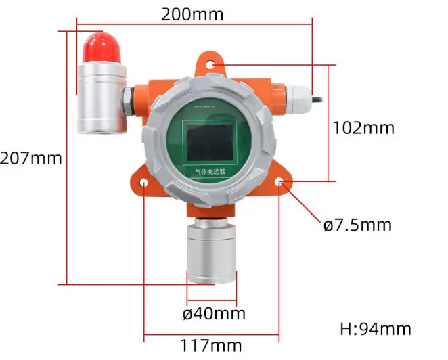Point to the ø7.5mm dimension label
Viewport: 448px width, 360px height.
[357, 224]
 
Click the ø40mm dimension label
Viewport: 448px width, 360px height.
[214, 314]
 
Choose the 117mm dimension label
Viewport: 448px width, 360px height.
[210, 345]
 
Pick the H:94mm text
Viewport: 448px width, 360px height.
[375, 330]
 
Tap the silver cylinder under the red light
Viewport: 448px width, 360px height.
[101, 98]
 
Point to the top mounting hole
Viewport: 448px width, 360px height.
[212, 66]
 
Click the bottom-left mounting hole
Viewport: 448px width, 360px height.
[144, 183]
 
